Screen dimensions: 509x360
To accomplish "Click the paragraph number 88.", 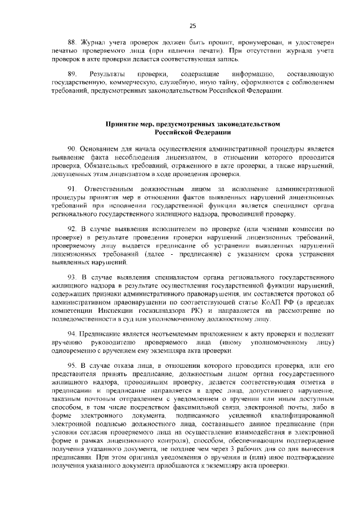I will click(x=71, y=42).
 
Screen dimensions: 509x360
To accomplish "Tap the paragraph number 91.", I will click(x=71, y=187).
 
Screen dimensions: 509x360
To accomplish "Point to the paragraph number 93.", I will click(x=71, y=277).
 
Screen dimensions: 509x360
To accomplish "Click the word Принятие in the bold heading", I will click(x=121, y=123).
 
